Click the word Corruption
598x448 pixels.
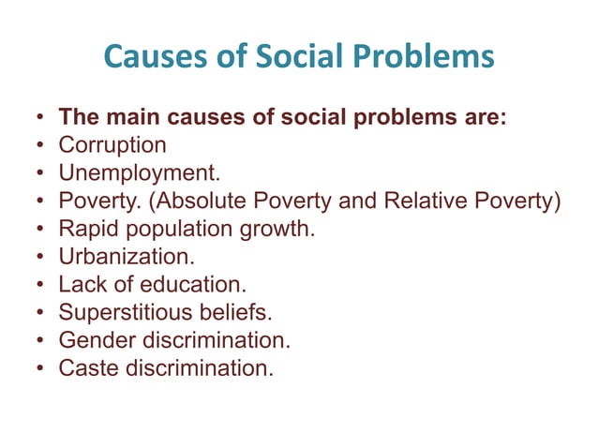point(112,145)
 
